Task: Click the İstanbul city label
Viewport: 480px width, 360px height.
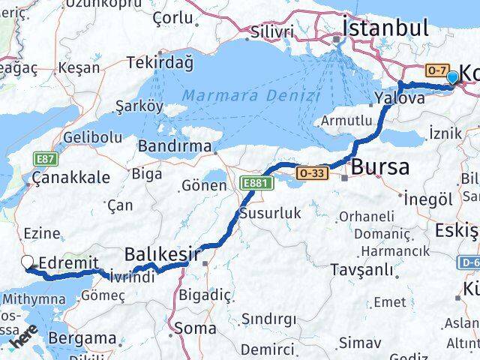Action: (385, 28)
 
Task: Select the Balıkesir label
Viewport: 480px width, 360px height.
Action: (163, 254)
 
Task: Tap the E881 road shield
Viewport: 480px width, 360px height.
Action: (253, 182)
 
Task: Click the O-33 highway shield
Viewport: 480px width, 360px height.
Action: (313, 172)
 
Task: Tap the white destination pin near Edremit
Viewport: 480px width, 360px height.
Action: (28, 262)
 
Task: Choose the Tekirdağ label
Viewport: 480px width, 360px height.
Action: (160, 62)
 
